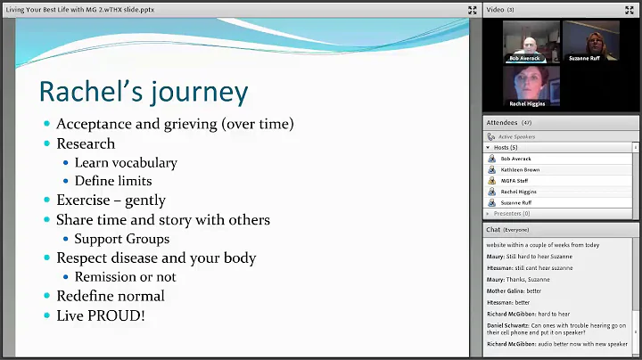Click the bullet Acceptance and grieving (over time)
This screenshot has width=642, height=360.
coord(175,124)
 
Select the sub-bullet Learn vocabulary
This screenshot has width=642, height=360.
coord(125,162)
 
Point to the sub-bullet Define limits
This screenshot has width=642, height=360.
coord(113,181)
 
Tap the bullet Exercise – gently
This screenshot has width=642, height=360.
coord(111,200)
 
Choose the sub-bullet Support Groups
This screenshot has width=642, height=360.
coord(121,239)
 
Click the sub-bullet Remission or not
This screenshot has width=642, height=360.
coord(125,276)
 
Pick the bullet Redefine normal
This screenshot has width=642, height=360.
coord(110,295)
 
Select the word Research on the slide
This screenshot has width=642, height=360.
coord(86,143)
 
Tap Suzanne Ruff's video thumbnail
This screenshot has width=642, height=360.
coord(590,41)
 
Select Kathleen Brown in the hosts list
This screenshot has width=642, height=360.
coord(521,169)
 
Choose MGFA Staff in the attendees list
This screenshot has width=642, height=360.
coord(515,180)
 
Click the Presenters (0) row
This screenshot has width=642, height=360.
coord(513,214)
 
